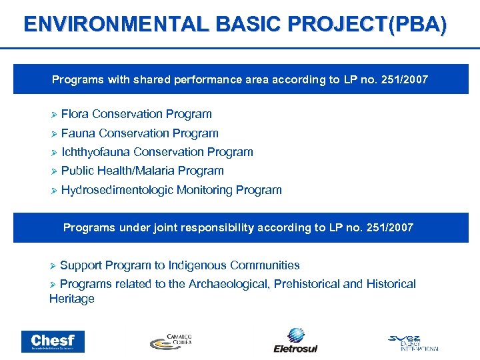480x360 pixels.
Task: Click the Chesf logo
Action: coord(53,341)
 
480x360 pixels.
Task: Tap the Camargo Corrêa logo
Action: coord(171,341)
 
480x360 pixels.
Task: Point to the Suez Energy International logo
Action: coord(413,341)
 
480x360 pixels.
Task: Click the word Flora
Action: coord(75,114)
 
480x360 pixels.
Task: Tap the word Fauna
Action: coord(79,133)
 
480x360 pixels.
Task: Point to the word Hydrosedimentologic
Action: coord(117,190)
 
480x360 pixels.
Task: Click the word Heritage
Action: coord(72,299)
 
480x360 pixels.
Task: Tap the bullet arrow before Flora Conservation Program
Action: coord(54,115)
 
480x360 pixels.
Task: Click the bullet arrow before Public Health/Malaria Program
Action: coord(54,171)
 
